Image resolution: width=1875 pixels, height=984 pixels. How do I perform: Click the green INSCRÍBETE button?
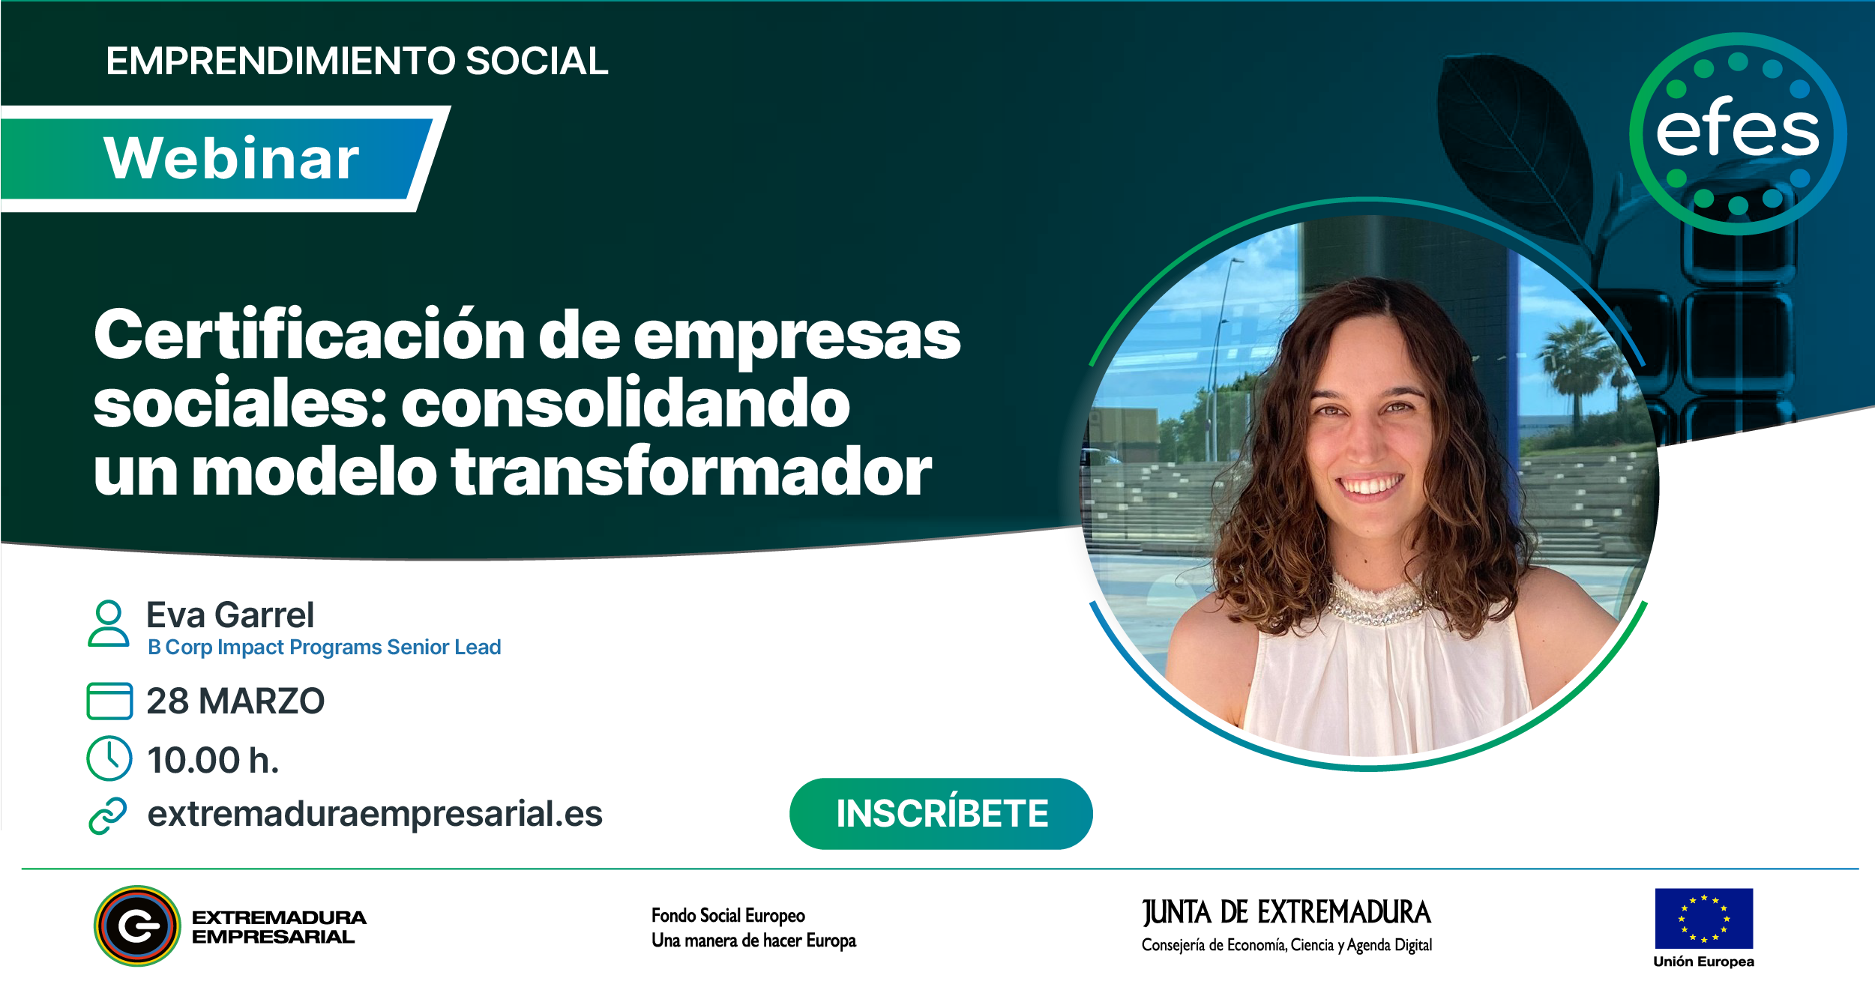pyautogui.click(x=941, y=814)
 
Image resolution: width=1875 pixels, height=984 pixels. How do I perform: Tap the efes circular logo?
pyautogui.click(x=1738, y=133)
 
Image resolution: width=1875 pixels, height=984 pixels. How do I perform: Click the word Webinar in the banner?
pyautogui.click(x=232, y=158)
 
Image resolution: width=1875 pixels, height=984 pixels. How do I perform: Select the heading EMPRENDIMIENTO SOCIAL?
pyautogui.click(x=357, y=61)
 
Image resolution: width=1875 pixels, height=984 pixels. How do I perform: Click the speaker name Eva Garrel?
pyautogui.click(x=230, y=615)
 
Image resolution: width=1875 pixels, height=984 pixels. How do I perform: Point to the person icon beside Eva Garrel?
pyautogui.click(x=109, y=624)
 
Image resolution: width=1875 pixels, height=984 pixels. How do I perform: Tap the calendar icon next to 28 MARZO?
pyautogui.click(x=109, y=701)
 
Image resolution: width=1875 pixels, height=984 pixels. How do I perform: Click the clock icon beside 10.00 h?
pyautogui.click(x=109, y=758)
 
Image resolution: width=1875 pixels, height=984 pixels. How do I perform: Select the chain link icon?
pyautogui.click(x=108, y=816)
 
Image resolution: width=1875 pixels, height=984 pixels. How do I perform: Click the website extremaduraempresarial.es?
pyautogui.click(x=375, y=814)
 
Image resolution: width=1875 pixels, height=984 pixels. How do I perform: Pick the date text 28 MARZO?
pyautogui.click(x=235, y=701)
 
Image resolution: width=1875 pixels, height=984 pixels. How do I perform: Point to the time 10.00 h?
pyautogui.click(x=213, y=760)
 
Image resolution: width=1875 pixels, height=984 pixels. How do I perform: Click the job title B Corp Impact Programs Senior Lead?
pyautogui.click(x=324, y=648)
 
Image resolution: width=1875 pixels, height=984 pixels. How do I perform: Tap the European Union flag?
pyautogui.click(x=1703, y=919)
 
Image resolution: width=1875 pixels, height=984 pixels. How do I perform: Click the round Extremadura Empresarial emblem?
pyautogui.click(x=137, y=926)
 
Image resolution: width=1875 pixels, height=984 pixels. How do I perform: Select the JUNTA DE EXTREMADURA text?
pyautogui.click(x=1286, y=913)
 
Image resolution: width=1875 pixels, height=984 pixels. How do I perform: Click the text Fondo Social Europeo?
pyautogui.click(x=728, y=916)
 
